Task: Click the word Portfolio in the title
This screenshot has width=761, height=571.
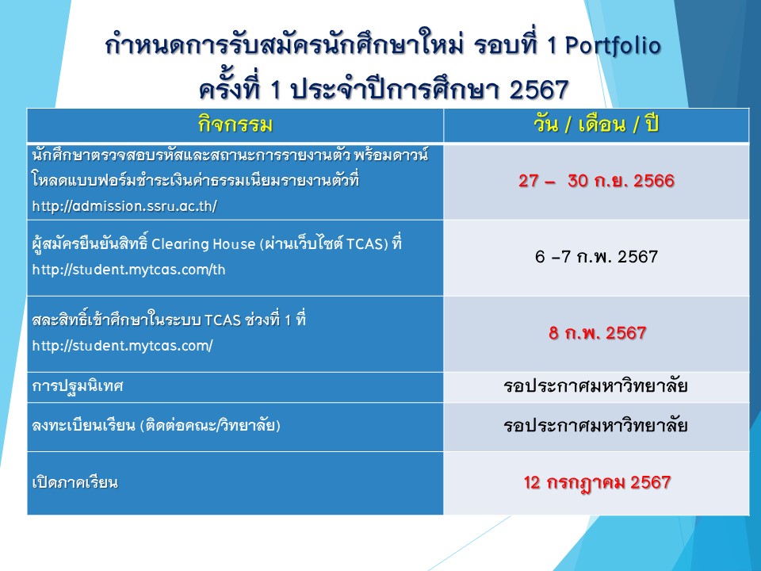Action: tap(613, 47)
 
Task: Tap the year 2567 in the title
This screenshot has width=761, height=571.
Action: tap(539, 90)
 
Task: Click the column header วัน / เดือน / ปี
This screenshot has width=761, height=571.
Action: tap(596, 125)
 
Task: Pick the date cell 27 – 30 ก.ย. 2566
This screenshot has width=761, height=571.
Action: tap(596, 181)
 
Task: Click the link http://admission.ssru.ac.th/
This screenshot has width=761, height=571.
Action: tap(124, 206)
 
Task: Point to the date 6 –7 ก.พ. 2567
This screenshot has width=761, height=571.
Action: tap(596, 256)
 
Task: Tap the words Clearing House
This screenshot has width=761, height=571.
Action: tap(203, 243)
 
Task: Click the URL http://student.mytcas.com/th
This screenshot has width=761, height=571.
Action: tap(128, 270)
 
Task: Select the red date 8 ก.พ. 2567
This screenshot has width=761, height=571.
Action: tap(598, 333)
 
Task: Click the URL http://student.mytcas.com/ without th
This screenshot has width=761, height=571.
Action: tap(122, 347)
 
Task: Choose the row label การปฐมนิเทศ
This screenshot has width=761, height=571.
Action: tap(78, 386)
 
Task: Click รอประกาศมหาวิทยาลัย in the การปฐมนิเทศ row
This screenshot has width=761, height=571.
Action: tap(595, 386)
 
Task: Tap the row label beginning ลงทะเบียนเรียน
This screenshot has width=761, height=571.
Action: tap(156, 426)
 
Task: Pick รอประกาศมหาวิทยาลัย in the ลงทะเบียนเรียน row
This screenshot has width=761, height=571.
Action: tap(595, 426)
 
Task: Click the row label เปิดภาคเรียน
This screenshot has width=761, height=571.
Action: tap(75, 483)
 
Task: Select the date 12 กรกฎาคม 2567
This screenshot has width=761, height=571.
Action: tap(598, 483)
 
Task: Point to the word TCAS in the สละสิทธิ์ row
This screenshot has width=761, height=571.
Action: tap(222, 320)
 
